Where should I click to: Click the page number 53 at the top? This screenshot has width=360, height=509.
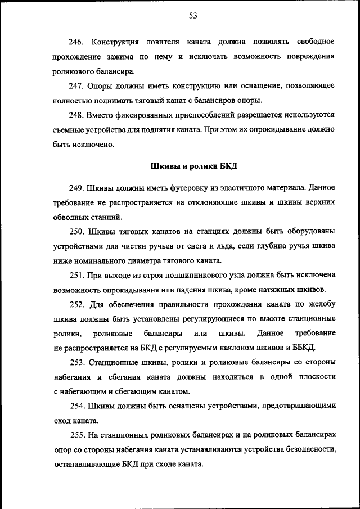click(x=192, y=16)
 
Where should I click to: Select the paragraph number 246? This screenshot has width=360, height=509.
click(x=76, y=42)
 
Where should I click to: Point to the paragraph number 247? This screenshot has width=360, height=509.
click(x=76, y=86)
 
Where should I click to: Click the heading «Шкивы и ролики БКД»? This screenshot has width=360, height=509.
click(x=194, y=166)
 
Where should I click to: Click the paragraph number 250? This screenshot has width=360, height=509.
click(x=76, y=232)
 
